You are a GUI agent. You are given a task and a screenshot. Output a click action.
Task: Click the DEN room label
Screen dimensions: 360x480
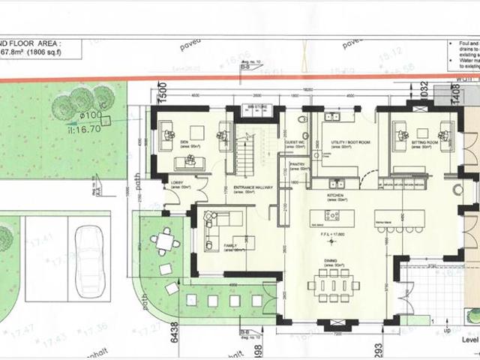click(184, 140)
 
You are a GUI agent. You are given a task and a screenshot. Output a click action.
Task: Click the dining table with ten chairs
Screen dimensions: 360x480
click(335, 283)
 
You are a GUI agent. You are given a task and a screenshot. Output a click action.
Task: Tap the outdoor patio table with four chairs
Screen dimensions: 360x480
click(164, 242)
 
